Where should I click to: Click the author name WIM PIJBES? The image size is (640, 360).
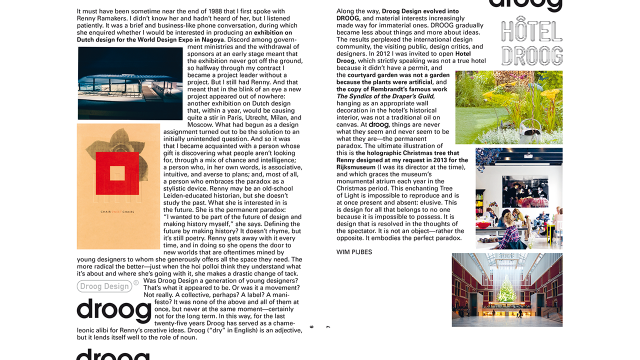point(354,252)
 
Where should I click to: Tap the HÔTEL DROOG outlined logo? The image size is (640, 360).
point(531,44)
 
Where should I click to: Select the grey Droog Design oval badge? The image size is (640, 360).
point(104,286)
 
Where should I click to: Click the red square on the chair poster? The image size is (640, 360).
point(117,173)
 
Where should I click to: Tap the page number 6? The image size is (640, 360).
point(312,326)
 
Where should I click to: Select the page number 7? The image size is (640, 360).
point(328,326)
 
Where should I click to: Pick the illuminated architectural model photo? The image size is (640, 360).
point(130,83)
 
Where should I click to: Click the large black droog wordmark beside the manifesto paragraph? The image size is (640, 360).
point(113,311)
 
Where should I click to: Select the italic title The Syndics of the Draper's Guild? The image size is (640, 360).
point(385,96)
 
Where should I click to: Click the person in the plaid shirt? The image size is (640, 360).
point(509,232)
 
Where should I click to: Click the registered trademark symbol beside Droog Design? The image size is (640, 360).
point(136,283)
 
